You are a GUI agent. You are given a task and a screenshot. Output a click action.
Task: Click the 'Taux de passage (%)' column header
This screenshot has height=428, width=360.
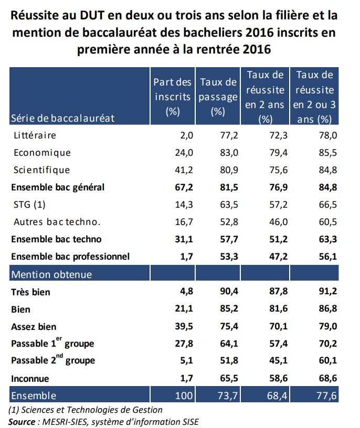click(218, 97)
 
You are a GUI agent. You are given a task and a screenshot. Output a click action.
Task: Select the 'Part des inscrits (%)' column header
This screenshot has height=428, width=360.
click(173, 97)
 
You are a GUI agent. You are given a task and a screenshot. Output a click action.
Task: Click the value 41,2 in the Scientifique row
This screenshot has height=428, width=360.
click(184, 170)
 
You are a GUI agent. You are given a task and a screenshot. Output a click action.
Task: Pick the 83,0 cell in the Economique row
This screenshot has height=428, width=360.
click(228, 153)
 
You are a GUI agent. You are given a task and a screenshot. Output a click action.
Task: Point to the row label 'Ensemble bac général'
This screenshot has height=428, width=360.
click(58, 187)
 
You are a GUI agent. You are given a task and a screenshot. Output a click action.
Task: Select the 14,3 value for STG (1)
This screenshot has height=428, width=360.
click(184, 205)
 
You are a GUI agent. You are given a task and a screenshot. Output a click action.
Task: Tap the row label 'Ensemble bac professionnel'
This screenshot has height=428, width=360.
click(70, 256)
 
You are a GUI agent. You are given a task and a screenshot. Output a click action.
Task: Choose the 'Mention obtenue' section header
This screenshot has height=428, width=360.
click(51, 274)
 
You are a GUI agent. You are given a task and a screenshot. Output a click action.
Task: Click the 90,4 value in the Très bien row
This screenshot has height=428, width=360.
click(228, 292)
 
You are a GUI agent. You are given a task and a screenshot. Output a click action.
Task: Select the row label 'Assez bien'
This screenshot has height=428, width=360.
click(34, 327)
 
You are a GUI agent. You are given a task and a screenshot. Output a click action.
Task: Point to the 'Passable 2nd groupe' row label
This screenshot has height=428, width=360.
click(53, 361)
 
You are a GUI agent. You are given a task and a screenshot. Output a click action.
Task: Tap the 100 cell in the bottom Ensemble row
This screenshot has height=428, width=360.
click(184, 395)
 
